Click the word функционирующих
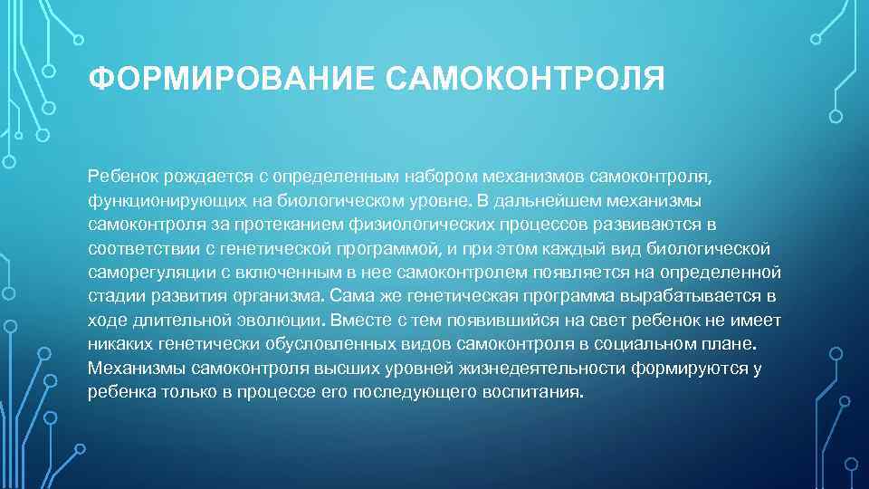(158, 197)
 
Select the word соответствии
(136, 246)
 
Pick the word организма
(276, 295)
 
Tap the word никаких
(115, 344)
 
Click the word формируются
(694, 369)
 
